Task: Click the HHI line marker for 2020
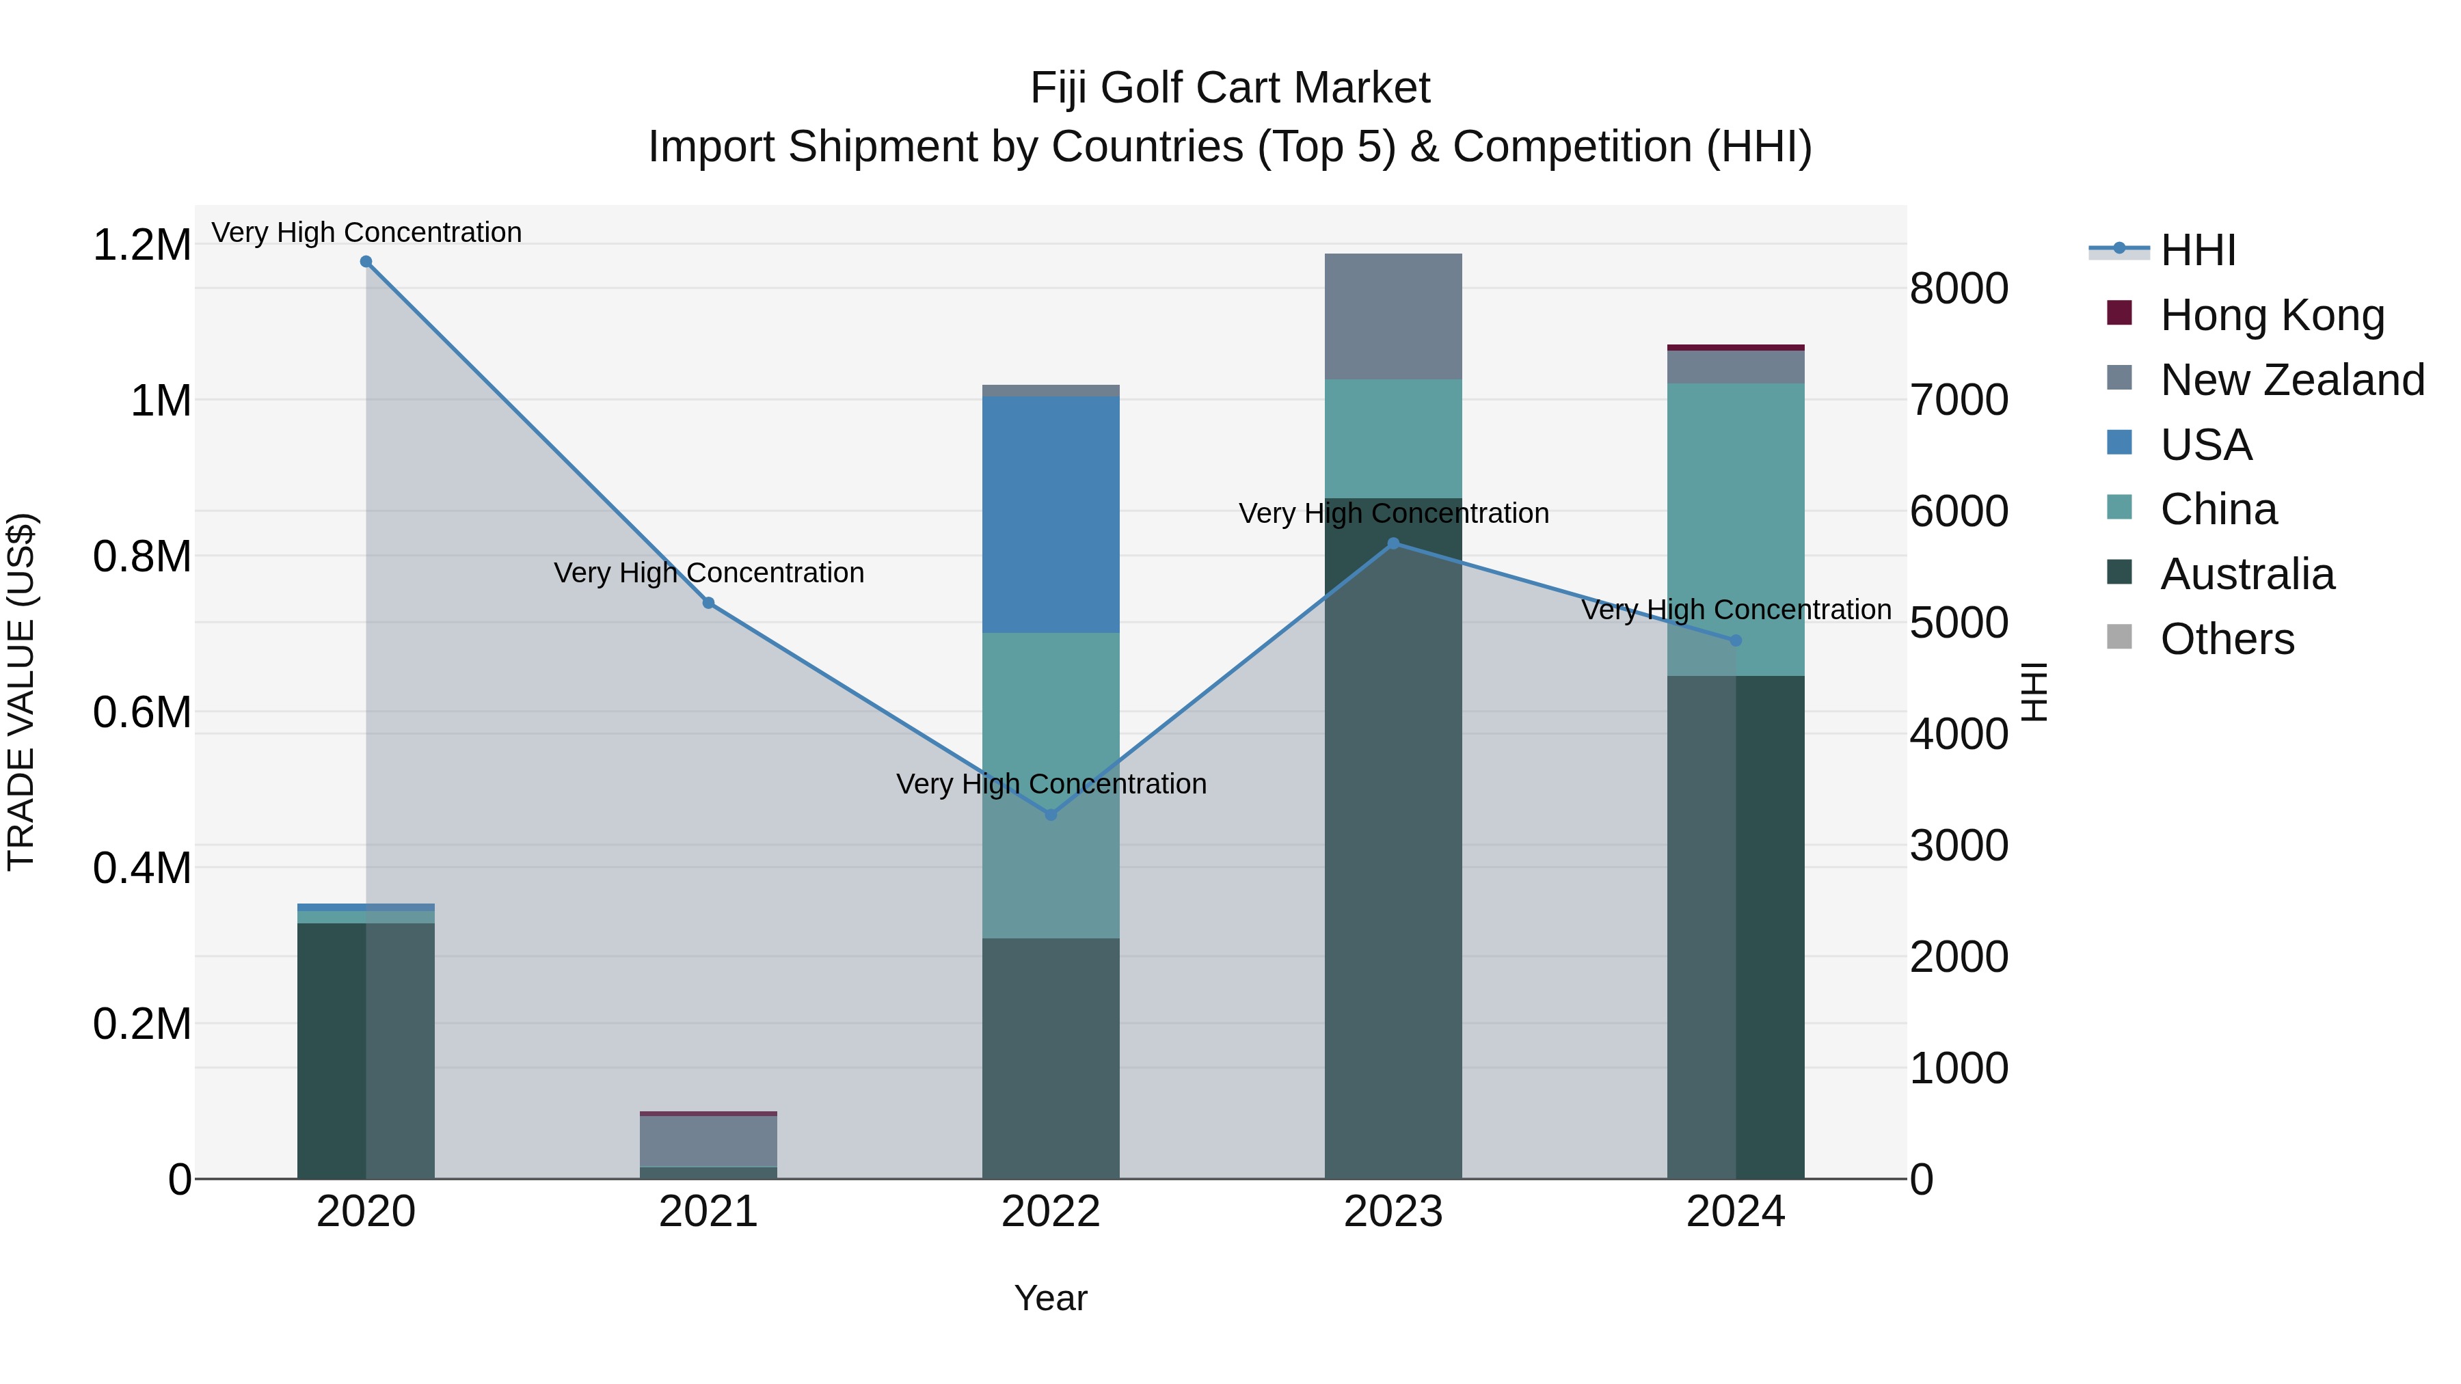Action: pos(366,262)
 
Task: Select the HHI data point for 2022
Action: pos(1051,815)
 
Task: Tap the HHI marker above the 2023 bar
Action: pos(1393,543)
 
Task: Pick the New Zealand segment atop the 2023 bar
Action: pos(1393,316)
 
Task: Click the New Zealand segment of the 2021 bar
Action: pos(708,1141)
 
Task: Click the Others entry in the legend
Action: pos(2227,639)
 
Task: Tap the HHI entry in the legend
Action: pos(2197,250)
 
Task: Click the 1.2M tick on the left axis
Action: pos(142,245)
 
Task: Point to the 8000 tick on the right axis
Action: pos(1959,288)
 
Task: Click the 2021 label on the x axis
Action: pos(708,1212)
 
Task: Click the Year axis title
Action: pos(1051,1298)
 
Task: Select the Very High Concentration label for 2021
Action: pos(709,573)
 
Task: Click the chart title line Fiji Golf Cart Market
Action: pos(1230,89)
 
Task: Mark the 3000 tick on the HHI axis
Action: pos(1959,845)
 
